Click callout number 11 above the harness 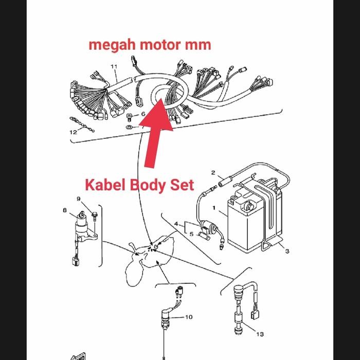114,67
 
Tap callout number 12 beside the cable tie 73,132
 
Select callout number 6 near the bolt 143,114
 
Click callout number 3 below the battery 287,251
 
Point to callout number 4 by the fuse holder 176,224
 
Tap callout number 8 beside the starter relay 65,210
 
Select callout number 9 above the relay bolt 79,199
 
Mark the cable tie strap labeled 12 82,125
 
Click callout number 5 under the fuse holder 191,234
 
